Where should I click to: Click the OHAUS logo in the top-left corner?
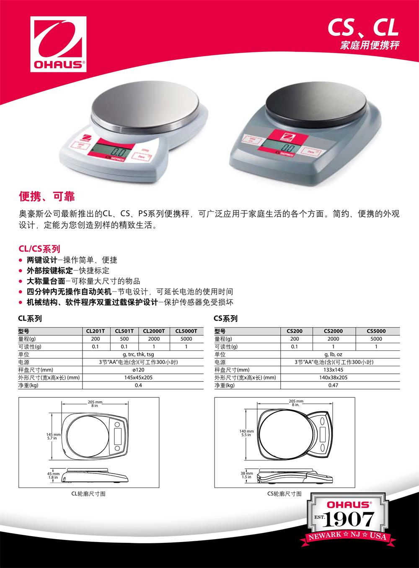[x=58, y=44]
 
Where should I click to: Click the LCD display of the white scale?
[x=111, y=152]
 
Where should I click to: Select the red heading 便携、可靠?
[x=47, y=196]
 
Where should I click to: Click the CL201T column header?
[x=96, y=331]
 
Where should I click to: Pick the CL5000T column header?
[x=186, y=331]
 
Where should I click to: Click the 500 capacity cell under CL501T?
[x=124, y=339]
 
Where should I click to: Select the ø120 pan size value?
[x=138, y=370]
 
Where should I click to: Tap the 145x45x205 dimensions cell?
[x=138, y=378]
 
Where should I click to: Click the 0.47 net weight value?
[x=333, y=385]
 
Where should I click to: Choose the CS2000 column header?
[x=333, y=331]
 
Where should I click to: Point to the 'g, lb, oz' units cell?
[x=333, y=354]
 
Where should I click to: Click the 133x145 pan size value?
[x=333, y=370]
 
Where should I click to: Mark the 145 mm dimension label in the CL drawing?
[x=53, y=434]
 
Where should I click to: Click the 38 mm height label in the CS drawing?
[x=247, y=473]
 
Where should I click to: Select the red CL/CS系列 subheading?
[x=39, y=249]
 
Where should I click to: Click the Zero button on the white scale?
[x=141, y=157]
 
